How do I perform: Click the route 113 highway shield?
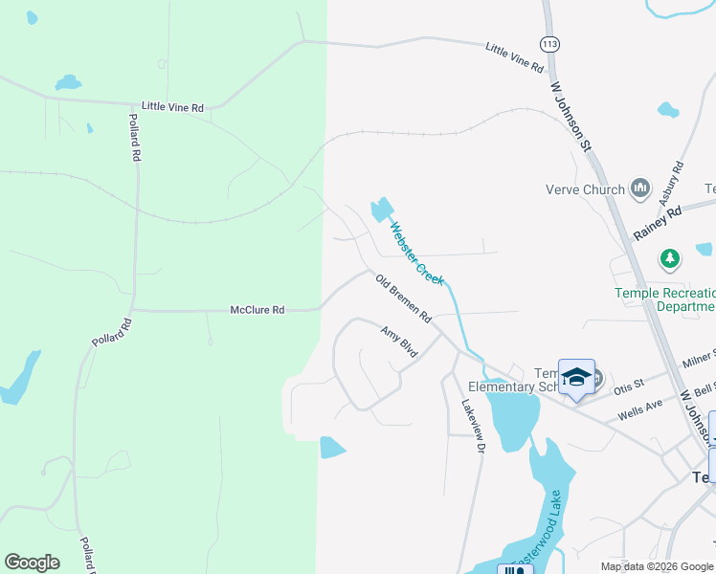549,45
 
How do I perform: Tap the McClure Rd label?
257,310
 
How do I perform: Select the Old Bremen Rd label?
404,298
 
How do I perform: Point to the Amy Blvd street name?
399,342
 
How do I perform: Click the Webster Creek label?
416,253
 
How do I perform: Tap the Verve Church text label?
584,189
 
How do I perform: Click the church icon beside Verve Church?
640,189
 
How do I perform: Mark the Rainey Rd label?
658,224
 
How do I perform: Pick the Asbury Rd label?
671,183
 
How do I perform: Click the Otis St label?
630,384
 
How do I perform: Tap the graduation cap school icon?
577,376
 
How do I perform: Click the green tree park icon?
670,258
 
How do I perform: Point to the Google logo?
32,563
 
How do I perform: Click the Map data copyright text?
657,566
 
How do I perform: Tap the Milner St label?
699,360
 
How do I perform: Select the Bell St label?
705,387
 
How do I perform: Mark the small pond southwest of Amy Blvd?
331,447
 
